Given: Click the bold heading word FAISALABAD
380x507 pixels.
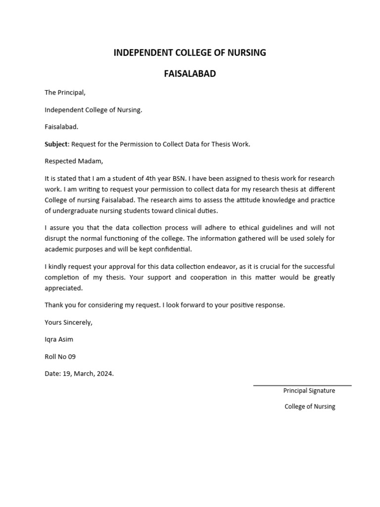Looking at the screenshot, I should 190,74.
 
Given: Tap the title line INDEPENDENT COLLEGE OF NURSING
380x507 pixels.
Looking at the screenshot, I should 190,52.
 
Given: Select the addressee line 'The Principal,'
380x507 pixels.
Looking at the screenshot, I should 65,93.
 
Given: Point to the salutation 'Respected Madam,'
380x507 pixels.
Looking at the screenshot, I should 74,161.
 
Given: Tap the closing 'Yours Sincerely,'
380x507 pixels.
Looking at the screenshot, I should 68,322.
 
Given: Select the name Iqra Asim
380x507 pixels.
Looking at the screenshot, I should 59,340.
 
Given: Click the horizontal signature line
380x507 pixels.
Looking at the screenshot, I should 302,385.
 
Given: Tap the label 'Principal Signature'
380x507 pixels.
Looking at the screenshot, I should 309,391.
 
